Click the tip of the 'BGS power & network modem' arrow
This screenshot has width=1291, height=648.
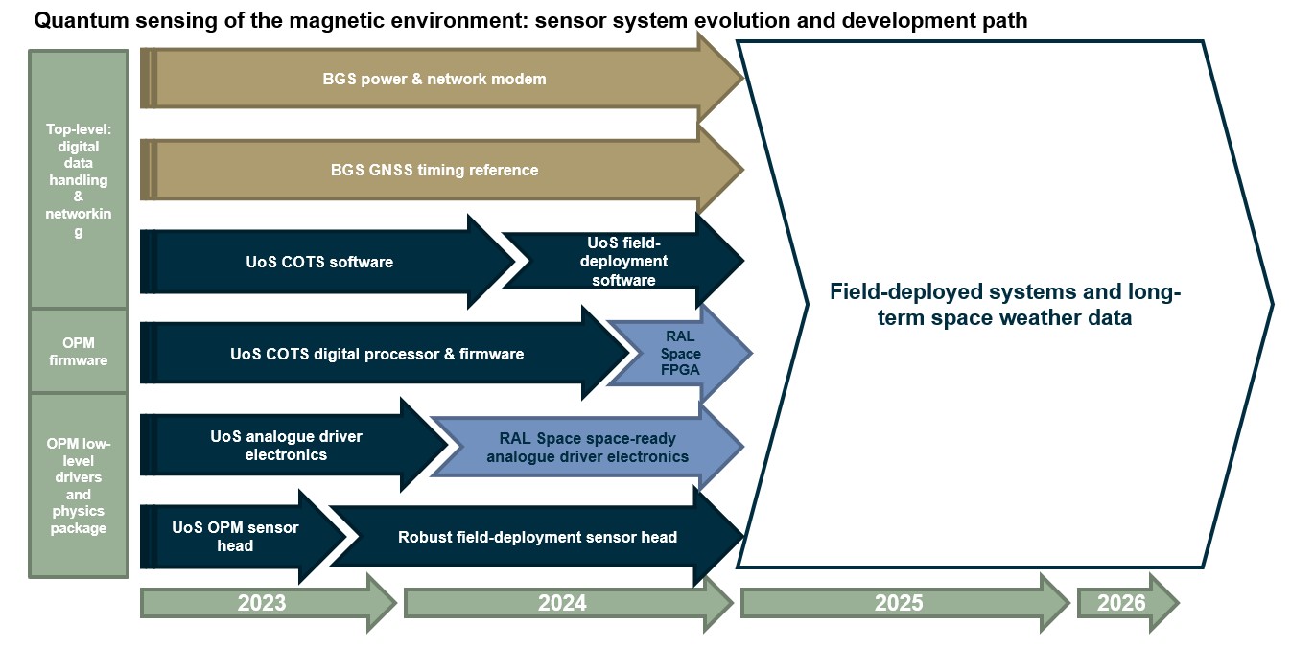pos(744,77)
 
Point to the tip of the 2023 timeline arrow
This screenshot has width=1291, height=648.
pos(397,603)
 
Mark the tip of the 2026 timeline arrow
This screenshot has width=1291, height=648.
pos(1180,603)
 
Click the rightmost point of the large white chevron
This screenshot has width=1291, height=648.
pos(1273,305)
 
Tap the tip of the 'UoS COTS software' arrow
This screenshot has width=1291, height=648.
pos(515,261)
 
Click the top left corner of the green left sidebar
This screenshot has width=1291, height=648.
pos(29,50)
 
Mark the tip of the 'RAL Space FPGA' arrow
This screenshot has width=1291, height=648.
pos(752,353)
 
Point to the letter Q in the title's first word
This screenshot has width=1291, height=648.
pos(42,21)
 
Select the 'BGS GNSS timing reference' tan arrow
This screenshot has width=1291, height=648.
pos(442,170)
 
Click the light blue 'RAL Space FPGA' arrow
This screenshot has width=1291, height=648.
pos(680,353)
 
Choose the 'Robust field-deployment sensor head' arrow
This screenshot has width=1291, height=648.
pos(536,537)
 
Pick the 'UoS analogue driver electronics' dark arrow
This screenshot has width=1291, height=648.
pos(293,445)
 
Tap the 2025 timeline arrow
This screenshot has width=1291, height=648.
pos(904,603)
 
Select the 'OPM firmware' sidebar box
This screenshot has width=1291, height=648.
pos(79,352)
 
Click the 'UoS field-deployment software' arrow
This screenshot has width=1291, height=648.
pos(623,261)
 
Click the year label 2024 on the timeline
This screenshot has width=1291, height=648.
pos(562,603)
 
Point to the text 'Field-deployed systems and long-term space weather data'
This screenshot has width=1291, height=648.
pos(1005,305)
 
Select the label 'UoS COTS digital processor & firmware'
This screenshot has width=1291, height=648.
pos(377,354)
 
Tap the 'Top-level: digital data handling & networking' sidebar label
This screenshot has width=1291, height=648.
pos(79,179)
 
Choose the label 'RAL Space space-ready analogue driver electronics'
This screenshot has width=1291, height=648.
pos(587,448)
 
